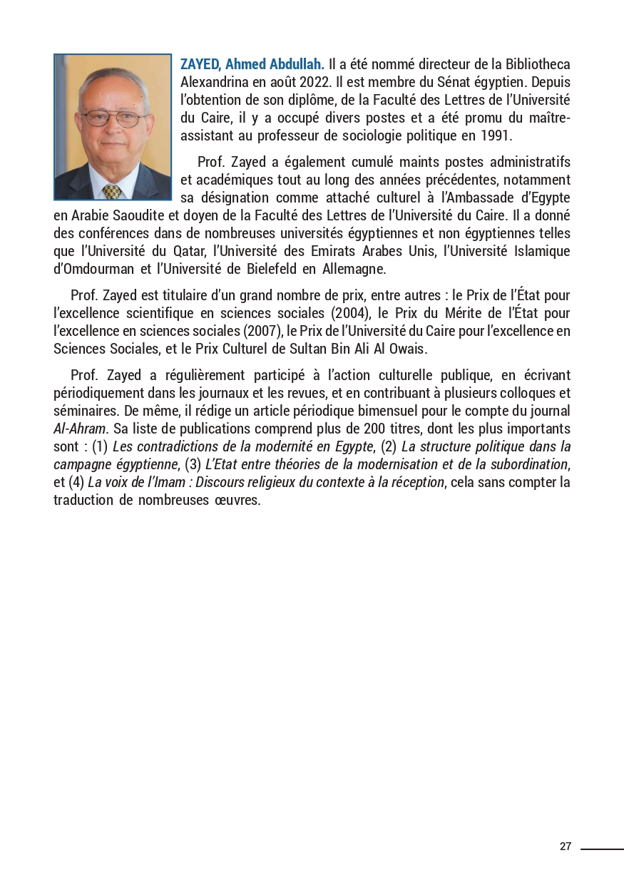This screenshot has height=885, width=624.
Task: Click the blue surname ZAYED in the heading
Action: (200, 65)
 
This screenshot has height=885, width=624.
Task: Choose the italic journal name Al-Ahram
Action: (78, 429)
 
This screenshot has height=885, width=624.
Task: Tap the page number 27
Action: (566, 846)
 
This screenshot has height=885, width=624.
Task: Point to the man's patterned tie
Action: (112, 190)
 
